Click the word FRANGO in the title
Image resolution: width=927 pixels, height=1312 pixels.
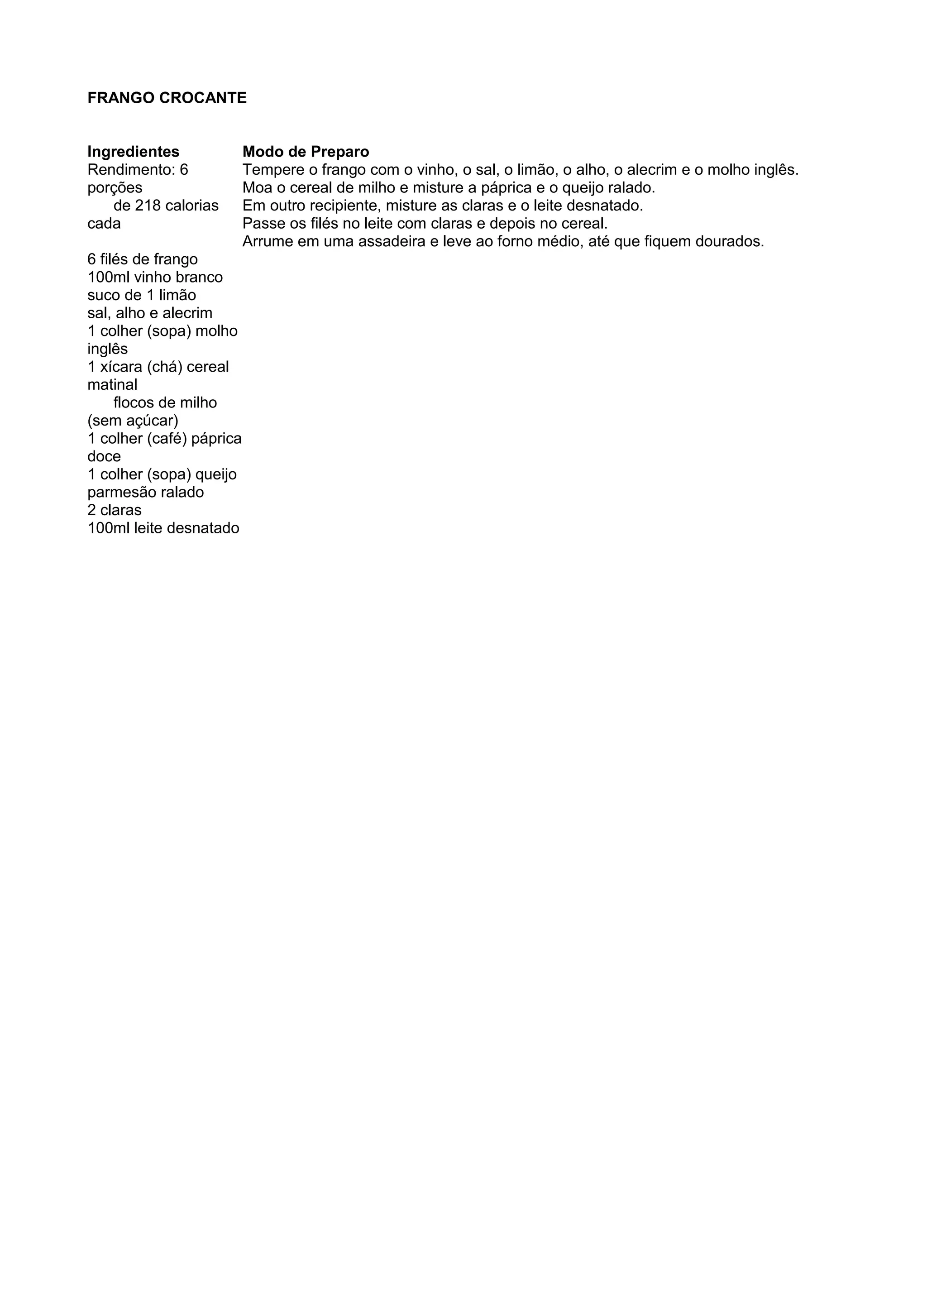120,98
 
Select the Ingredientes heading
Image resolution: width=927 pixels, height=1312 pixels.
133,152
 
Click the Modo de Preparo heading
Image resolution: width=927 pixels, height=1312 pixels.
306,152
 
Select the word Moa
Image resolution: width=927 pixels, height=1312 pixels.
257,187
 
